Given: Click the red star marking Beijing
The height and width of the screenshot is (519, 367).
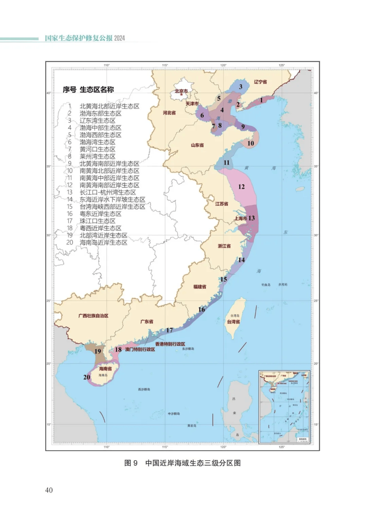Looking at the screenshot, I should [x=181, y=94].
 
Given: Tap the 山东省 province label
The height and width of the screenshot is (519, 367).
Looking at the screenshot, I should [x=197, y=145].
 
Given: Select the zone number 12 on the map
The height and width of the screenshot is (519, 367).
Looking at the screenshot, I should [x=241, y=187].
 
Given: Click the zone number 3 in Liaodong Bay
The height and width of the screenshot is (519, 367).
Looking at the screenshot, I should [x=241, y=87].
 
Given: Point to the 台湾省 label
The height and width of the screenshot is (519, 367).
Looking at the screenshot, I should [x=233, y=322].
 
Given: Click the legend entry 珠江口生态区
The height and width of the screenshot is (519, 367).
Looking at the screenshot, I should [x=98, y=221].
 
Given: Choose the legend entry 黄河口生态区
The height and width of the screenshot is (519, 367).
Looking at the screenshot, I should [x=98, y=149].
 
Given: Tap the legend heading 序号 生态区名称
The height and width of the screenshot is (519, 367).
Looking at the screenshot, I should [x=88, y=90].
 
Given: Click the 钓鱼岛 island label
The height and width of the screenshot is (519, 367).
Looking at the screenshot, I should [x=266, y=285].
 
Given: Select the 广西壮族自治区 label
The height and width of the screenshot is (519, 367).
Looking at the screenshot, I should [x=93, y=316].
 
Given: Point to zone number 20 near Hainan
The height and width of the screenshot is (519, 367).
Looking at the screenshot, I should [x=87, y=377].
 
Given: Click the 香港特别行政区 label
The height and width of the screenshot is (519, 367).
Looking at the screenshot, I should [x=170, y=344].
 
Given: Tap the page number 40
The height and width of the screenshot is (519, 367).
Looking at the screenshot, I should [x=49, y=490].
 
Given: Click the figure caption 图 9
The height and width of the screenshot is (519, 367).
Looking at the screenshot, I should [x=131, y=463].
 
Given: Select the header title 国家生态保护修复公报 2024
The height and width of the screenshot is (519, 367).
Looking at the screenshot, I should [x=85, y=38].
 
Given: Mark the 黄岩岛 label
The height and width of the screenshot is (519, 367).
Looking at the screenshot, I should [x=192, y=426].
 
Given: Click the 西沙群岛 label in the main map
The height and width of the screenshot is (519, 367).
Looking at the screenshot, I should [x=144, y=390].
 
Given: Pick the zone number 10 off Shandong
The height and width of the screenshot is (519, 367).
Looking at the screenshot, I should [x=250, y=143].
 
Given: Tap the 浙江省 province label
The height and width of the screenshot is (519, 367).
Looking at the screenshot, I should [x=224, y=246].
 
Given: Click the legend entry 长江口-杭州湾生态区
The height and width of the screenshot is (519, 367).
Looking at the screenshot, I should [x=108, y=192].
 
